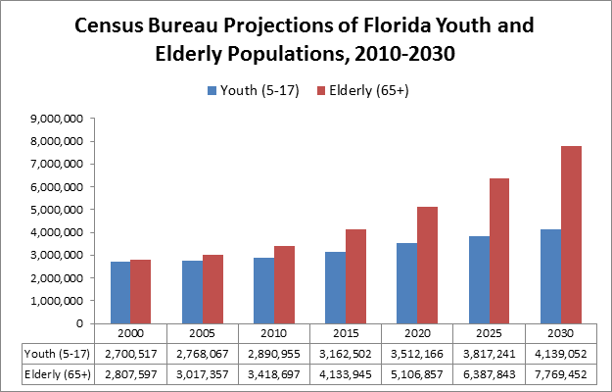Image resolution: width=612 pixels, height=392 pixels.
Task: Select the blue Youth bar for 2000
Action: pyautogui.click(x=119, y=292)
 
